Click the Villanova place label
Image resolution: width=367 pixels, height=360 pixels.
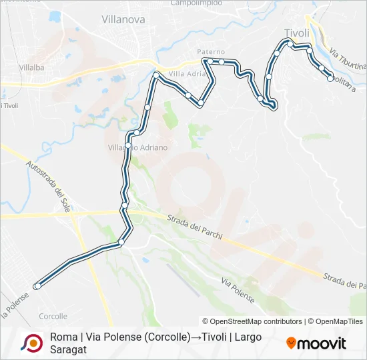[x=123, y=20]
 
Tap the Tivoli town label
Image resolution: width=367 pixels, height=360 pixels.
[x=297, y=33]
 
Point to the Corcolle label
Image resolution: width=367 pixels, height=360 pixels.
[x=53, y=316]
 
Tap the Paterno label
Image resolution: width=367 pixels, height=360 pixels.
[x=211, y=51]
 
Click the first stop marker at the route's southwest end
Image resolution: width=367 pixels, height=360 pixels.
[x=37, y=286]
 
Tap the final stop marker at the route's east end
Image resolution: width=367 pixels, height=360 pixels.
[x=330, y=79]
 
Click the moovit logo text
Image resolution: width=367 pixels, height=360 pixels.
[x=322, y=344]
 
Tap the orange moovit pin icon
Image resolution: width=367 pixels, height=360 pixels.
[x=291, y=343]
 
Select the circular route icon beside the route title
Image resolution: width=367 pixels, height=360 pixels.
[x=31, y=343]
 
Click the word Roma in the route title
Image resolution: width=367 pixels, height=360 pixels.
[x=63, y=337]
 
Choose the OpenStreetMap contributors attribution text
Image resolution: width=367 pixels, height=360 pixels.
[x=252, y=321]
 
